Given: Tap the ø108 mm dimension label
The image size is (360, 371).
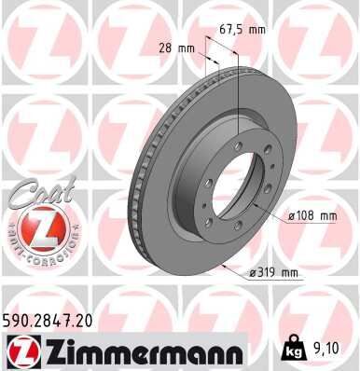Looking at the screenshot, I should [x=312, y=216].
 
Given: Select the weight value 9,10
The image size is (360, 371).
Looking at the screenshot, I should [x=328, y=350].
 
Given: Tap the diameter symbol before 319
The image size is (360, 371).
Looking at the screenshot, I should [x=255, y=273].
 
